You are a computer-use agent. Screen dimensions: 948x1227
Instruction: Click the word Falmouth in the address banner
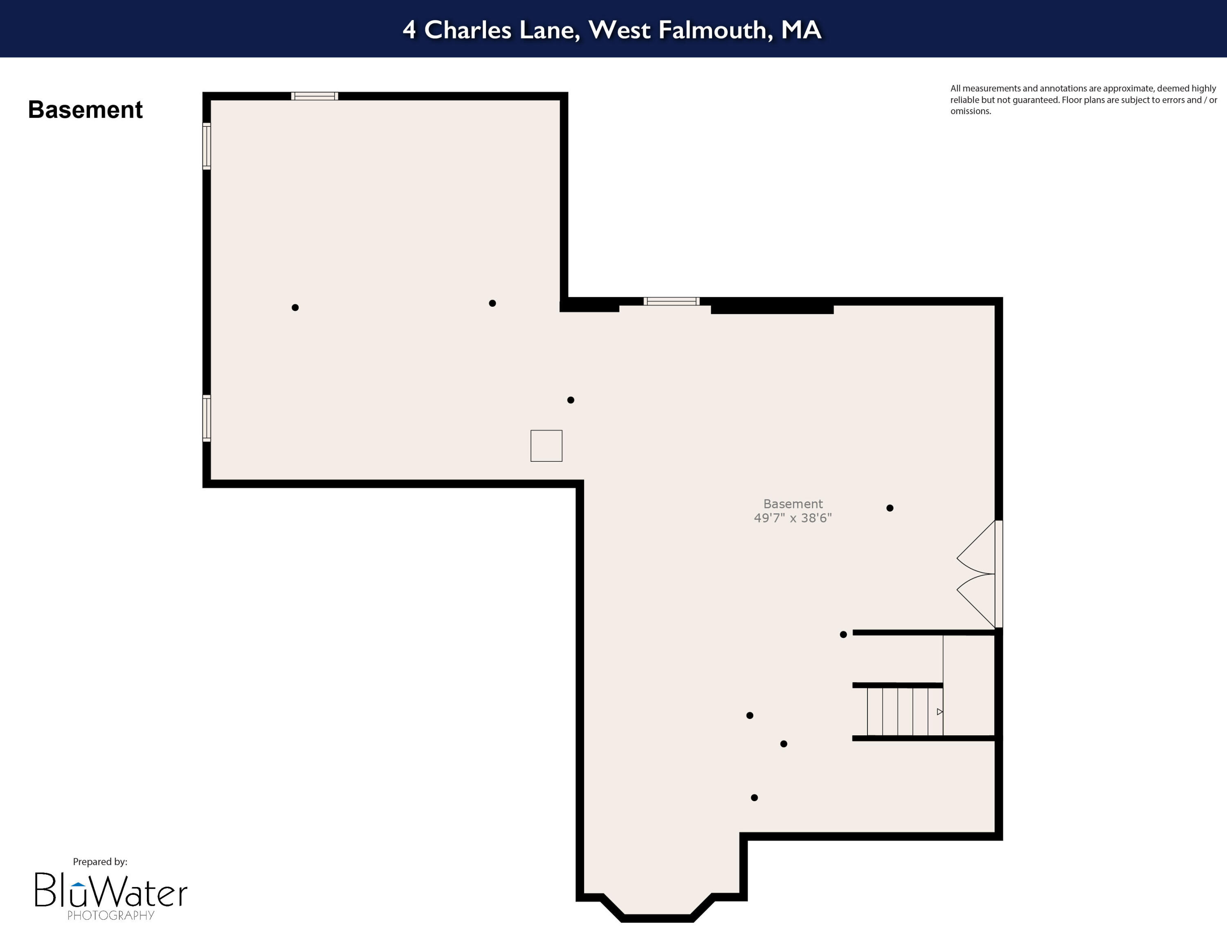pyautogui.click(x=712, y=30)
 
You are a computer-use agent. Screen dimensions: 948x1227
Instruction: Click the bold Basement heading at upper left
pyautogui.click(x=85, y=110)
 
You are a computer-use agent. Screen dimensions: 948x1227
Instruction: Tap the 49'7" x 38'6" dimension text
pyautogui.click(x=792, y=518)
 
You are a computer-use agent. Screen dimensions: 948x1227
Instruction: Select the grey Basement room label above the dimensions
pyautogui.click(x=792, y=504)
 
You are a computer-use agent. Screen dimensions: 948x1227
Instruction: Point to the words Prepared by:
pyautogui.click(x=100, y=862)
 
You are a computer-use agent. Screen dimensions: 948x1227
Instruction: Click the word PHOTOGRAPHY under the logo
pyautogui.click(x=111, y=915)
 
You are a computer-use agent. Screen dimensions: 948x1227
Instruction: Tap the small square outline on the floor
pyautogui.click(x=546, y=446)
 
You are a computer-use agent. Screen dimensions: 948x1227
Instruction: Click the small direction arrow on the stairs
pyautogui.click(x=939, y=712)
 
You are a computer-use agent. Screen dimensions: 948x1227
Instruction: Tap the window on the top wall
pyautogui.click(x=315, y=96)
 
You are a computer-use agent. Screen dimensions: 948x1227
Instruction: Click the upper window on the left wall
pyautogui.click(x=207, y=146)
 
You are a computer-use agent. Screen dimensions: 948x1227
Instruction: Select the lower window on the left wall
pyautogui.click(x=207, y=418)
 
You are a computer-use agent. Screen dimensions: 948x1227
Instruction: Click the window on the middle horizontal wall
pyautogui.click(x=671, y=301)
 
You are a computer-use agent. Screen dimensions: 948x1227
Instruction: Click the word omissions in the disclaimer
pyautogui.click(x=970, y=111)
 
